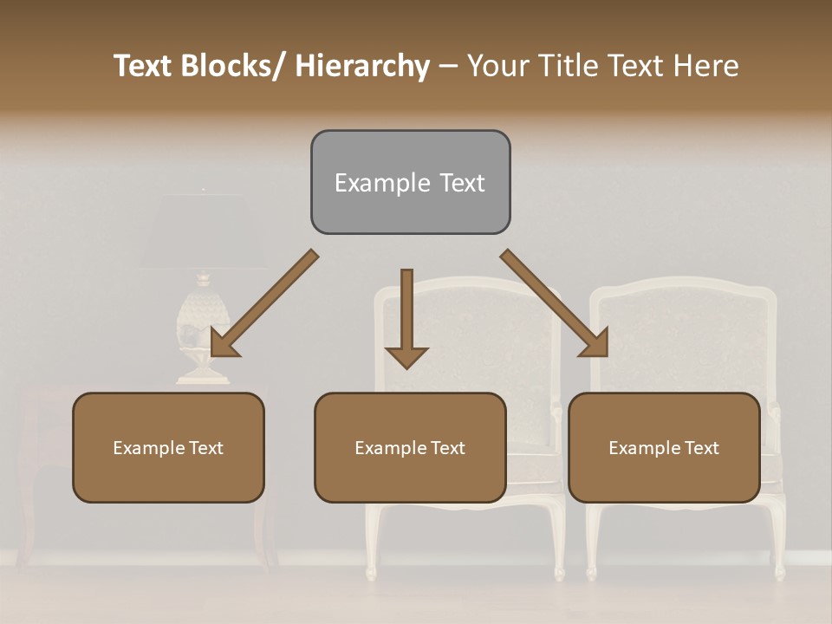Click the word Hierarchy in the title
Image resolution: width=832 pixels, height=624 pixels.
(x=362, y=67)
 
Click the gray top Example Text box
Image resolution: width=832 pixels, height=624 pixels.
(x=410, y=182)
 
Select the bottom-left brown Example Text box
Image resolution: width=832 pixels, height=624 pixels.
(x=168, y=447)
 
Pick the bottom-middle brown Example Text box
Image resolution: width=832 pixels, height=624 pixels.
(x=410, y=447)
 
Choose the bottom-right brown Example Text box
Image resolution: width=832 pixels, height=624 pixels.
(x=664, y=447)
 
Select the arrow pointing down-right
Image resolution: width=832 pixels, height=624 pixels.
(x=555, y=302)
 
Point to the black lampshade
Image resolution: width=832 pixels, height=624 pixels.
(x=204, y=231)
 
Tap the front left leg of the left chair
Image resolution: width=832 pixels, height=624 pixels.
(x=372, y=542)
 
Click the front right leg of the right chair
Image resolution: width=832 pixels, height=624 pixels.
(x=778, y=542)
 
